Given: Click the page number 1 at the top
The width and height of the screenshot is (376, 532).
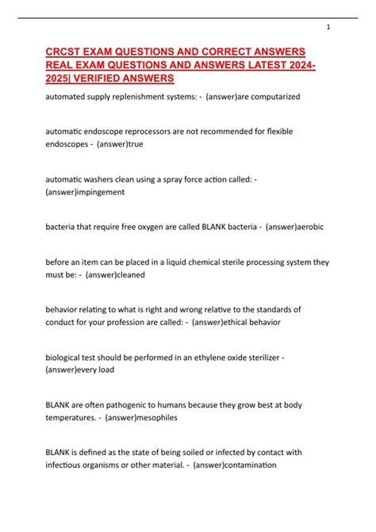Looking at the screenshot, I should pyautogui.click(x=328, y=27).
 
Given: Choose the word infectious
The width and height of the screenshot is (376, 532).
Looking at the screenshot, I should pyautogui.click(x=65, y=466).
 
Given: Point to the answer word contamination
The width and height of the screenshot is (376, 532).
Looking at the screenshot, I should pyautogui.click(x=247, y=466).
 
